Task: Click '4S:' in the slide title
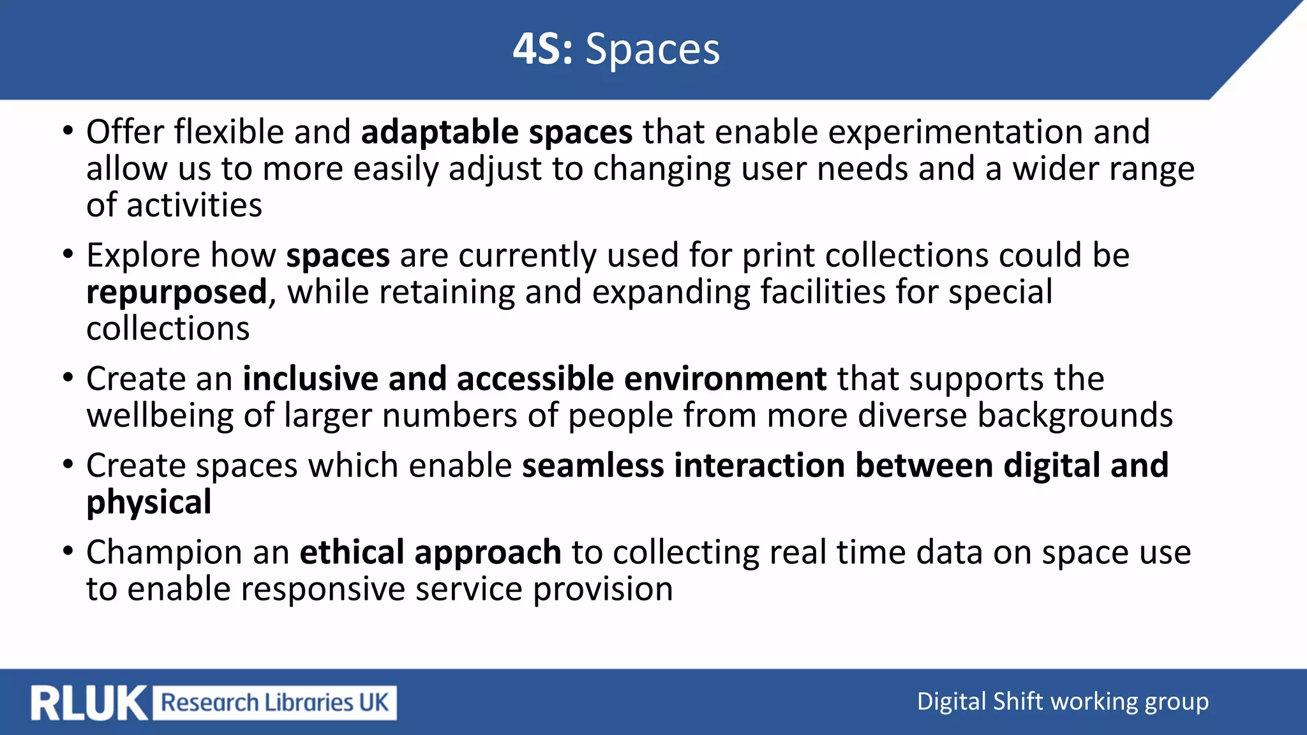(x=542, y=49)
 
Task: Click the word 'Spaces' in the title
(x=652, y=49)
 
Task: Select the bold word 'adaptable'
(x=440, y=132)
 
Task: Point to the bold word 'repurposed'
(x=177, y=293)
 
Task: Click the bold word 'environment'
(x=726, y=378)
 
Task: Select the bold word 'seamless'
(x=593, y=465)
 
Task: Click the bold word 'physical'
(x=149, y=502)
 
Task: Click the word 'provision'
(x=603, y=589)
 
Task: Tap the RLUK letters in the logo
(x=89, y=703)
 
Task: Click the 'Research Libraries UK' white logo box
(x=274, y=703)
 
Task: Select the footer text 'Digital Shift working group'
(x=1063, y=702)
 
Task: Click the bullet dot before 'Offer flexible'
(x=68, y=131)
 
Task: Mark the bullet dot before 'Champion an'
(x=68, y=551)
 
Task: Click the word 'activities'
(x=194, y=205)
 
